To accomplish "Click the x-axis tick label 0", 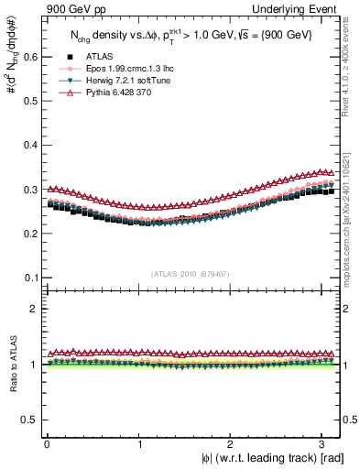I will click(x=47, y=445).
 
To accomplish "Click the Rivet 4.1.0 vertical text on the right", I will click(x=352, y=73).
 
